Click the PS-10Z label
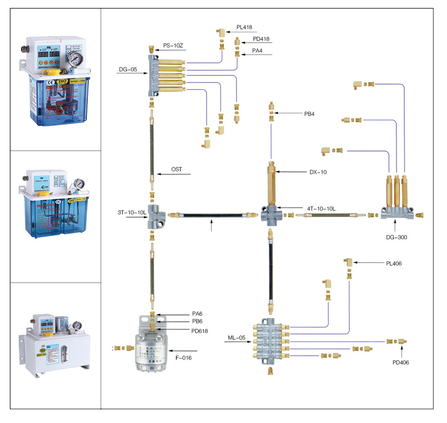point(173,46)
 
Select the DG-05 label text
point(128,70)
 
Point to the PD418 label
point(261,39)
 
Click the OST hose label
point(177,170)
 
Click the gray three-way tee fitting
point(155,216)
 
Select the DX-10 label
point(318,172)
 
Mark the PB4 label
point(312,113)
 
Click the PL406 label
point(393,264)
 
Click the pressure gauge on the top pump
point(74,59)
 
